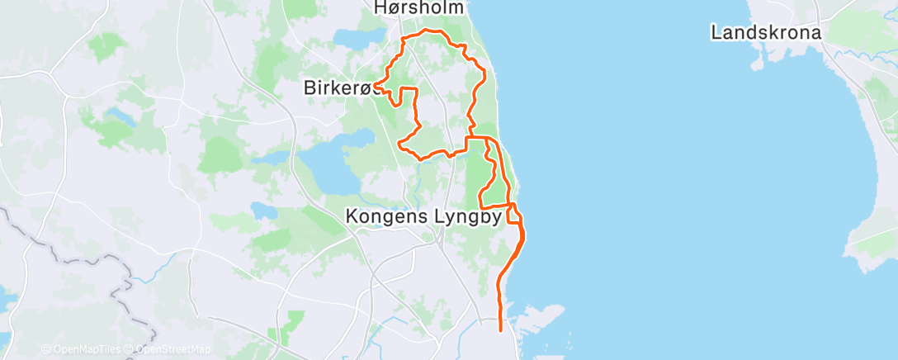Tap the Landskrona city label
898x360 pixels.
pyautogui.click(x=766, y=33)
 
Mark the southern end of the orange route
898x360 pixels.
pyautogui.click(x=501, y=329)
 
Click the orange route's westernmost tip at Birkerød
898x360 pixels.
pyautogui.click(x=375, y=84)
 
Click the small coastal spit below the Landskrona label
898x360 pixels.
pyautogui.click(x=759, y=61)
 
